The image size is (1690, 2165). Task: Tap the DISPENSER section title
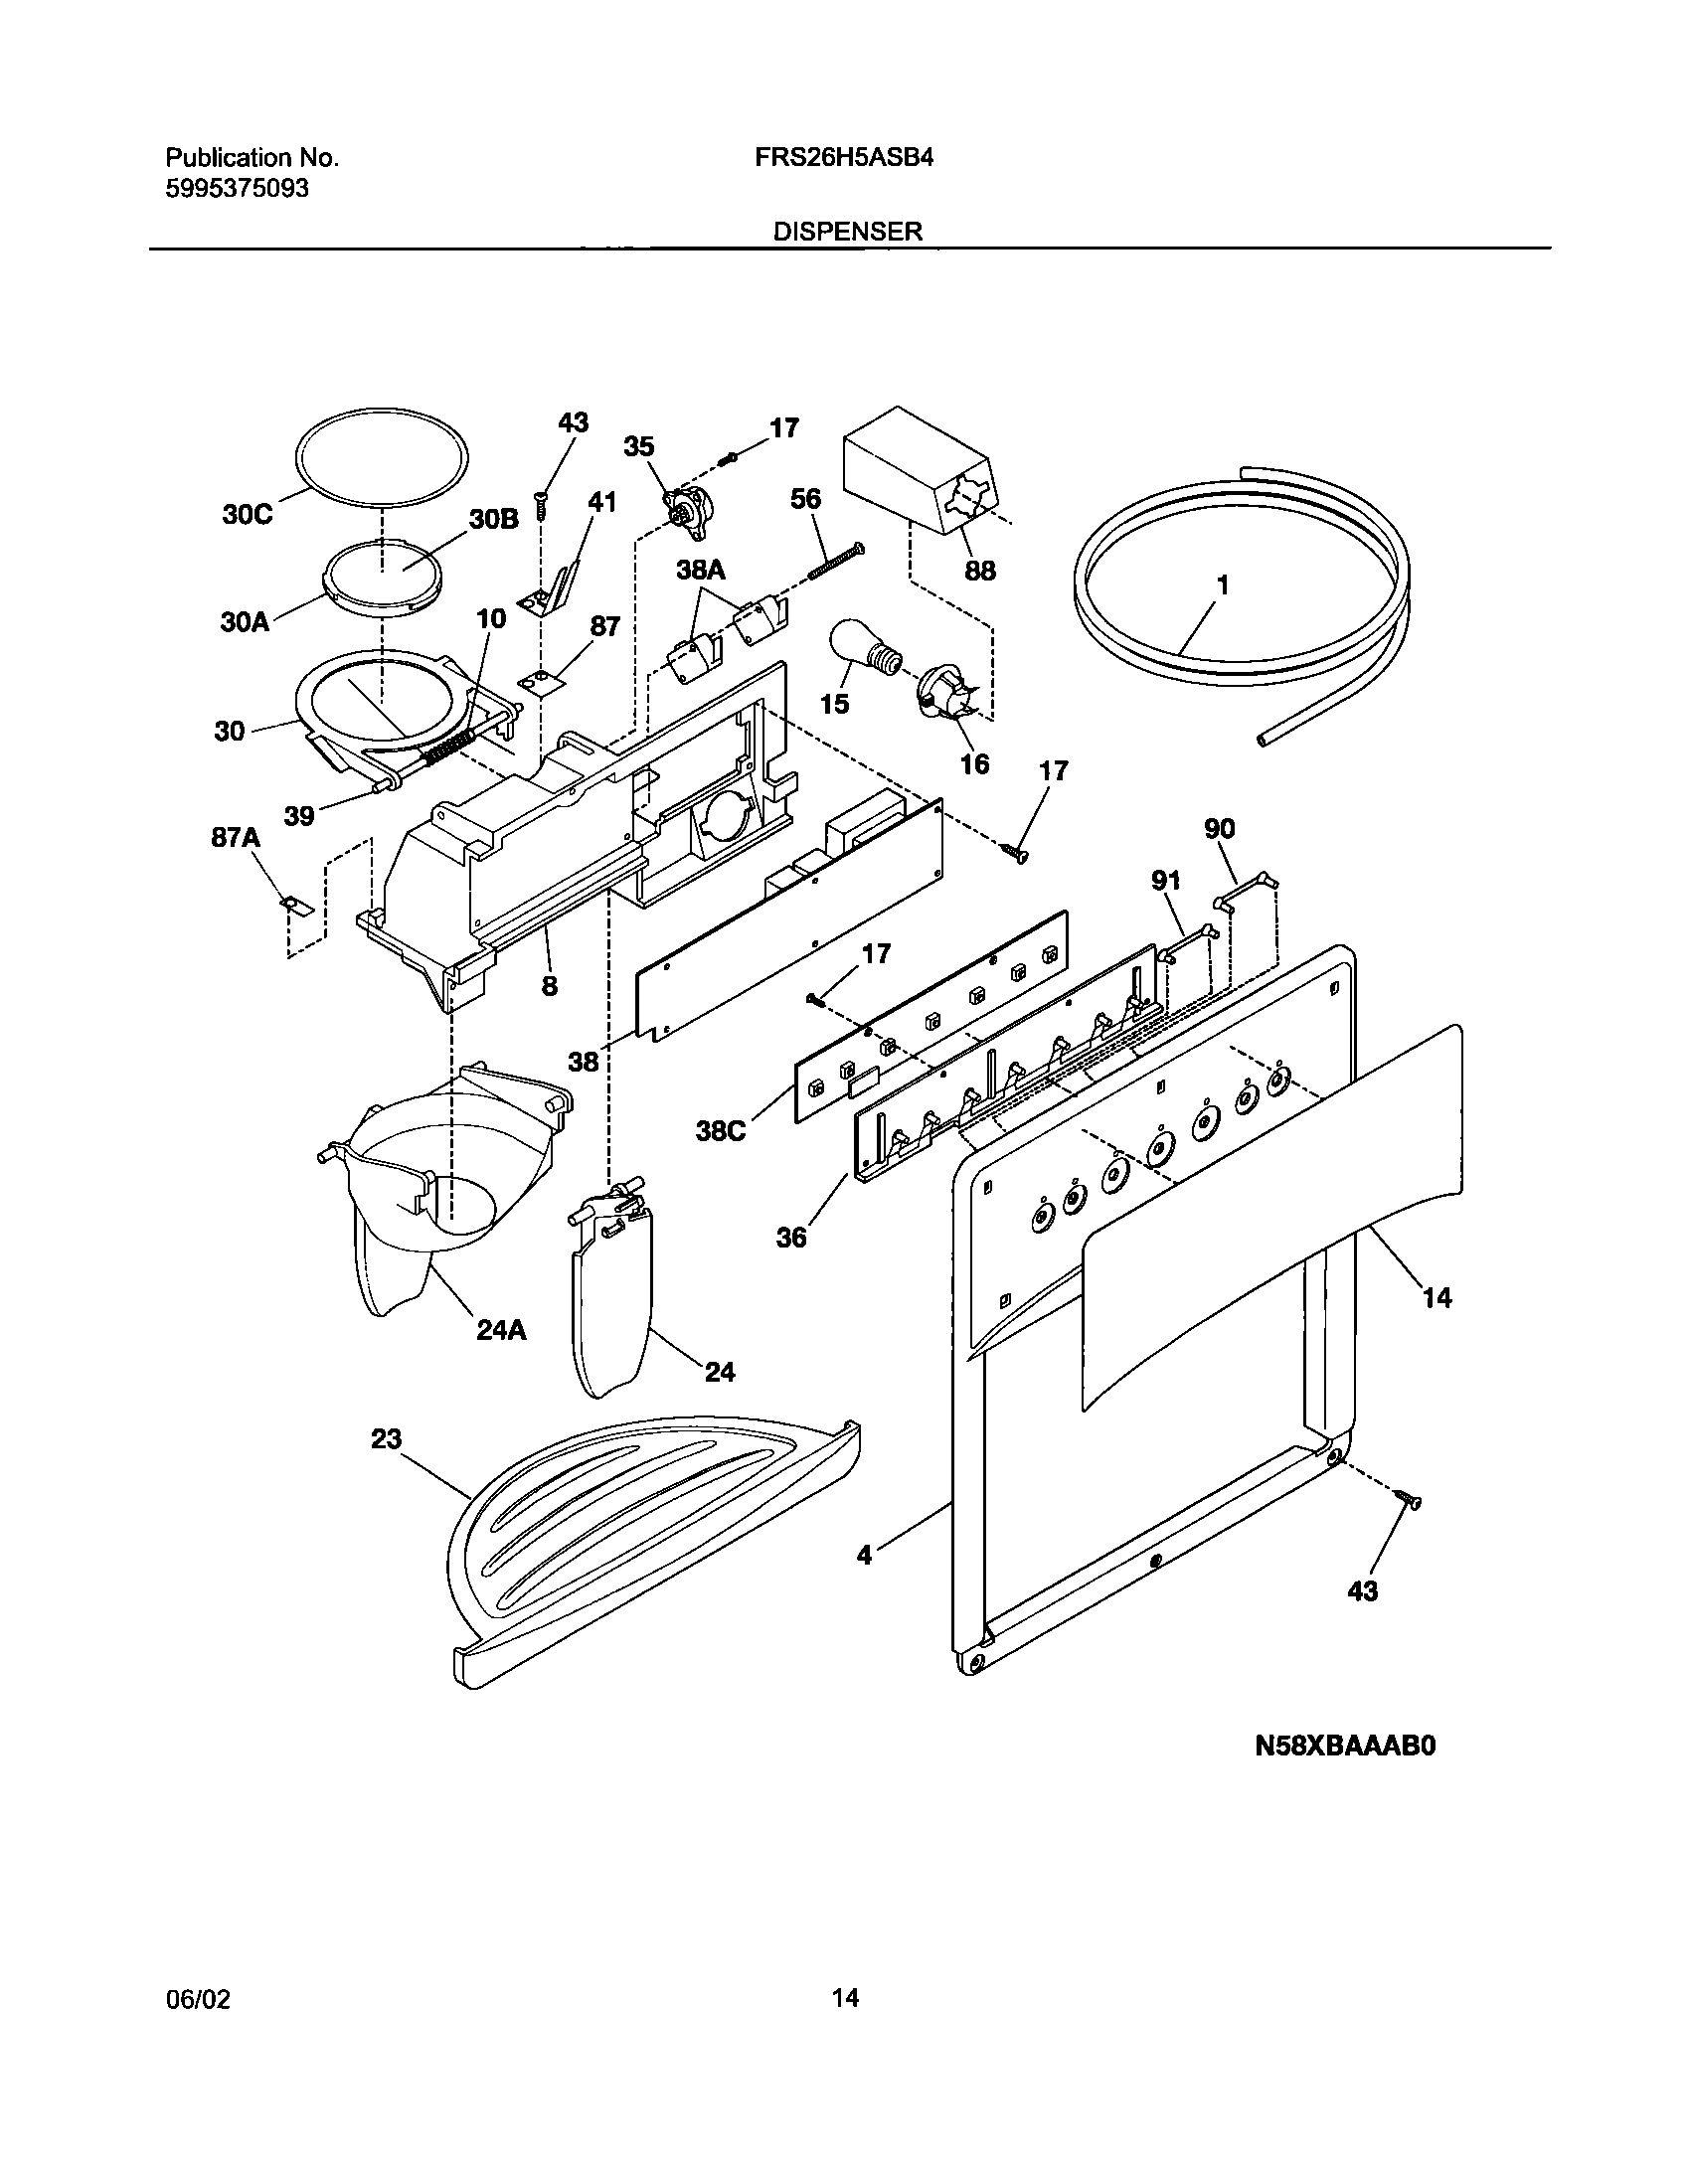tap(848, 232)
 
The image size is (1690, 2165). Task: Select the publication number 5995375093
tap(237, 188)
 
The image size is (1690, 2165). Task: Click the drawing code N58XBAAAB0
tap(1345, 1746)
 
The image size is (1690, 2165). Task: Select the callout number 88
tap(980, 571)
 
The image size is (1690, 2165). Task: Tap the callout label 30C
tap(247, 516)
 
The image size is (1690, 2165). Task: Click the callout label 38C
tap(720, 1130)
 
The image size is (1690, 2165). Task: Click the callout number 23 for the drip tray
tap(386, 1438)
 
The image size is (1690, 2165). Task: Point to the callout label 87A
tap(235, 838)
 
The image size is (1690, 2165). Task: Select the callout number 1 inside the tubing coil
tap(1223, 585)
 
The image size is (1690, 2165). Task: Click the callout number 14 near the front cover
tap(1437, 1297)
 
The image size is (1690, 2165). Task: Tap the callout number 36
tap(791, 1238)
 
